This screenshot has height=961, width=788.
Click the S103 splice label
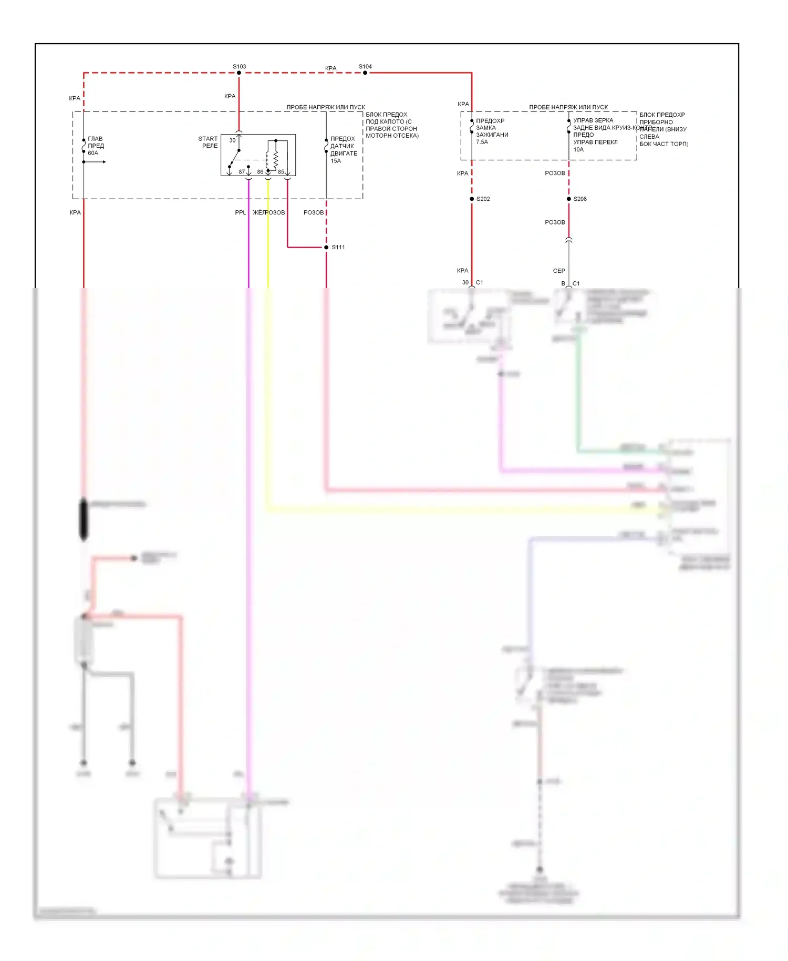pos(239,67)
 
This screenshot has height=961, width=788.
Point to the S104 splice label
pos(365,67)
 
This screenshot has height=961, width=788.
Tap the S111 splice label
pos(338,247)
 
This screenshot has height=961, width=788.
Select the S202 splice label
pos(483,199)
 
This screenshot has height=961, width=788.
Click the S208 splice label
pos(580,199)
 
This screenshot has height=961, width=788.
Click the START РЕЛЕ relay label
pos(208,142)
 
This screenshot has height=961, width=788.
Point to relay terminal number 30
pos(232,140)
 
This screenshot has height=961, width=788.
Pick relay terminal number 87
pos(242,172)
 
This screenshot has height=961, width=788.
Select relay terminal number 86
pos(260,172)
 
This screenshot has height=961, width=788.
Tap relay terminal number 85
pos(281,172)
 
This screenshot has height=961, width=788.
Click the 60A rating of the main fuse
pos(93,153)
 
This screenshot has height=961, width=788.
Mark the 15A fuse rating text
pos(336,161)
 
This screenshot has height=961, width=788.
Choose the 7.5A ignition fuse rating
pos(482,142)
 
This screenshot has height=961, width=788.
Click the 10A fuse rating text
pos(578,149)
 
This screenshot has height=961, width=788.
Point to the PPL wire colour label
pos(240,212)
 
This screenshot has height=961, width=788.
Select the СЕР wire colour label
pos(559,271)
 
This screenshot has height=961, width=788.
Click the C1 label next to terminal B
pos(576,283)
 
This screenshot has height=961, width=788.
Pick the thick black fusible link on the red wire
pos(84,519)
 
